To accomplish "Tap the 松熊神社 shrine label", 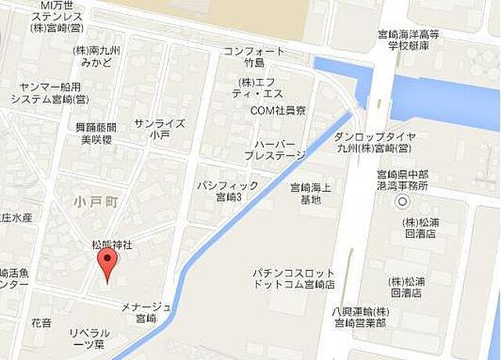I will pyautogui.click(x=113, y=245).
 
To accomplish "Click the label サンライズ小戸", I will pyautogui.click(x=160, y=129).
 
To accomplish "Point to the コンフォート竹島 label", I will pyautogui.click(x=254, y=57).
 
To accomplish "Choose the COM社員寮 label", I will pyautogui.click(x=278, y=110).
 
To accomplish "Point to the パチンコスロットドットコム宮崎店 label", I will pyautogui.click(x=294, y=277).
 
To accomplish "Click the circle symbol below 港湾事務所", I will pyautogui.click(x=402, y=202).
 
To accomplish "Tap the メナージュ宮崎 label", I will pyautogui.click(x=146, y=311).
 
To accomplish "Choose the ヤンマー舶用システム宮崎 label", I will pyautogui.click(x=54, y=94).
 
